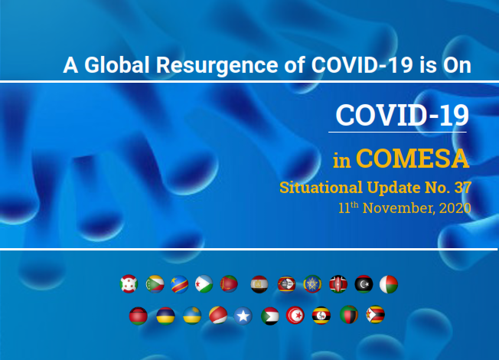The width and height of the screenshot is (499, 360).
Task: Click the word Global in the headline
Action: (x=117, y=65)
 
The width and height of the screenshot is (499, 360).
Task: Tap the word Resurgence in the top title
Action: (x=217, y=66)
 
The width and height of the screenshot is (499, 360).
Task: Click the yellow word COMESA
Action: (x=413, y=159)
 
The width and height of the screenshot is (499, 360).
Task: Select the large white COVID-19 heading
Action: (x=403, y=115)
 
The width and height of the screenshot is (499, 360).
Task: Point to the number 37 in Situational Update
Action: (x=463, y=188)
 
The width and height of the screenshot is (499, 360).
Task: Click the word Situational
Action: (x=321, y=188)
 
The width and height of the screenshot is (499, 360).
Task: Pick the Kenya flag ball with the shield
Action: (x=338, y=284)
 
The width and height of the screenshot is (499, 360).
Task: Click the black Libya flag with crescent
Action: (x=364, y=284)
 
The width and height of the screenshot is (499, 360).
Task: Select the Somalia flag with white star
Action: (x=243, y=316)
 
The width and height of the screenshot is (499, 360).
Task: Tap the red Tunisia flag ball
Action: (x=295, y=316)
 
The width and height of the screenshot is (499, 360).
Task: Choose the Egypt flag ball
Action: (x=259, y=284)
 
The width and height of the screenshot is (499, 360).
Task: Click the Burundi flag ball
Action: (x=129, y=284)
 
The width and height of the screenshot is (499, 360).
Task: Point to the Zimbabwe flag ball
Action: (x=376, y=315)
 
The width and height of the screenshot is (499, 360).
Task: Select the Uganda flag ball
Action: (x=321, y=316)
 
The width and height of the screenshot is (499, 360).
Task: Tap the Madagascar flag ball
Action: (x=389, y=284)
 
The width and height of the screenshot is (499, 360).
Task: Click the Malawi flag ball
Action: (x=139, y=316)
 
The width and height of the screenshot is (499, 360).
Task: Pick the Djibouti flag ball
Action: (x=204, y=284)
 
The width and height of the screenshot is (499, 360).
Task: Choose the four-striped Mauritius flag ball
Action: (x=165, y=316)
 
